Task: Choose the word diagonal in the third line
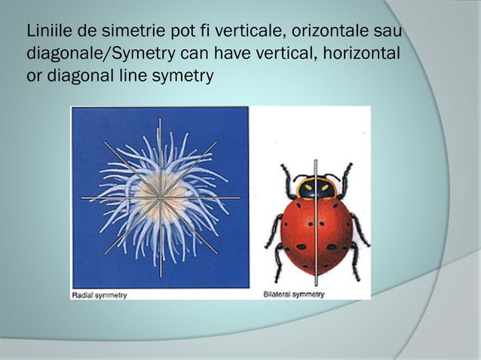(78, 76)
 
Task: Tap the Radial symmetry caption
(100, 294)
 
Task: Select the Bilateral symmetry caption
(294, 294)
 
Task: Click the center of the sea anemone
(160, 199)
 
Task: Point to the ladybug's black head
(316, 188)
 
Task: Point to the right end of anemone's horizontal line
(240, 198)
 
